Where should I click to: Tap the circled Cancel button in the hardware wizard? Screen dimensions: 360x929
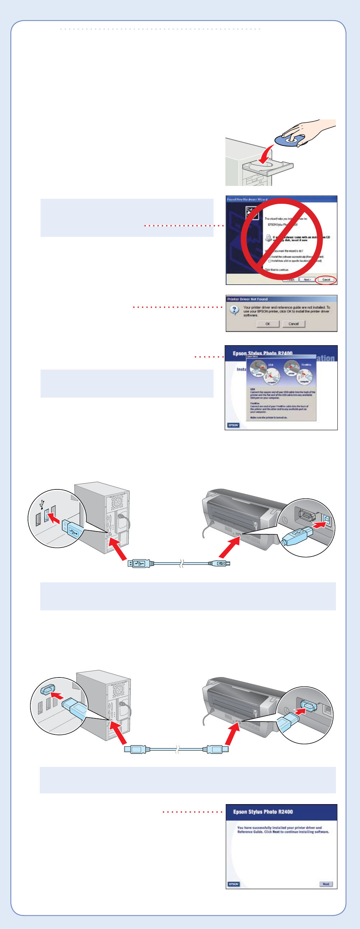coord(326,280)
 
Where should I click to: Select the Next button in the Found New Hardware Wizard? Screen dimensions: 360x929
coord(307,280)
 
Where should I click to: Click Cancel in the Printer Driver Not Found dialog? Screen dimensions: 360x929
coord(294,324)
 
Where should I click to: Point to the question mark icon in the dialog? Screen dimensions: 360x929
coord(234,310)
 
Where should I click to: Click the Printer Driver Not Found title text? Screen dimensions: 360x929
coord(247,299)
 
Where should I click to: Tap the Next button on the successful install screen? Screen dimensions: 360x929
coord(326,884)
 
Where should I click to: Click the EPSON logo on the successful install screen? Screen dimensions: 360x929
coord(233,884)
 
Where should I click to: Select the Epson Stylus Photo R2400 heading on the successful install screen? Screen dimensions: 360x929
coord(263,811)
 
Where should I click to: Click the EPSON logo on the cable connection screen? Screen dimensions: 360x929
coord(233,425)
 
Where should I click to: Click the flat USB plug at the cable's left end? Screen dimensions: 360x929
coord(139,563)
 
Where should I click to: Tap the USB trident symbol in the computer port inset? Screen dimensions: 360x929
coord(42,504)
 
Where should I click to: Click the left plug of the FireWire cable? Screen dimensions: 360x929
coord(135,749)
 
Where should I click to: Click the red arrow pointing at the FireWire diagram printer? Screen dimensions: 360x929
coord(232,734)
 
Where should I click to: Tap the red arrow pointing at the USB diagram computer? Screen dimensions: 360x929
coord(118,548)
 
